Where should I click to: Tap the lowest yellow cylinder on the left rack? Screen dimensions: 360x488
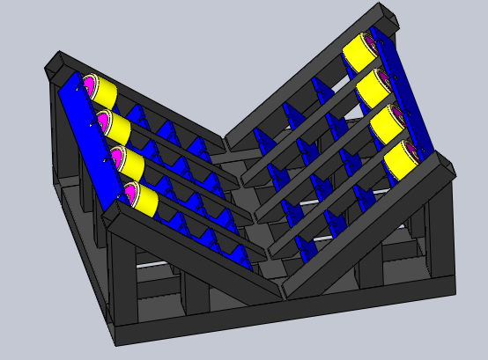point(144,199)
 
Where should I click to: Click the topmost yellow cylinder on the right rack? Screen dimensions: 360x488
point(359,52)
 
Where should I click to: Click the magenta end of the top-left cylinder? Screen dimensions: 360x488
point(88,85)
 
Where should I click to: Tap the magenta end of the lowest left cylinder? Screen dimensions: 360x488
point(130,193)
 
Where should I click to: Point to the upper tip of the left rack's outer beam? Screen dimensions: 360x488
point(55,62)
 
